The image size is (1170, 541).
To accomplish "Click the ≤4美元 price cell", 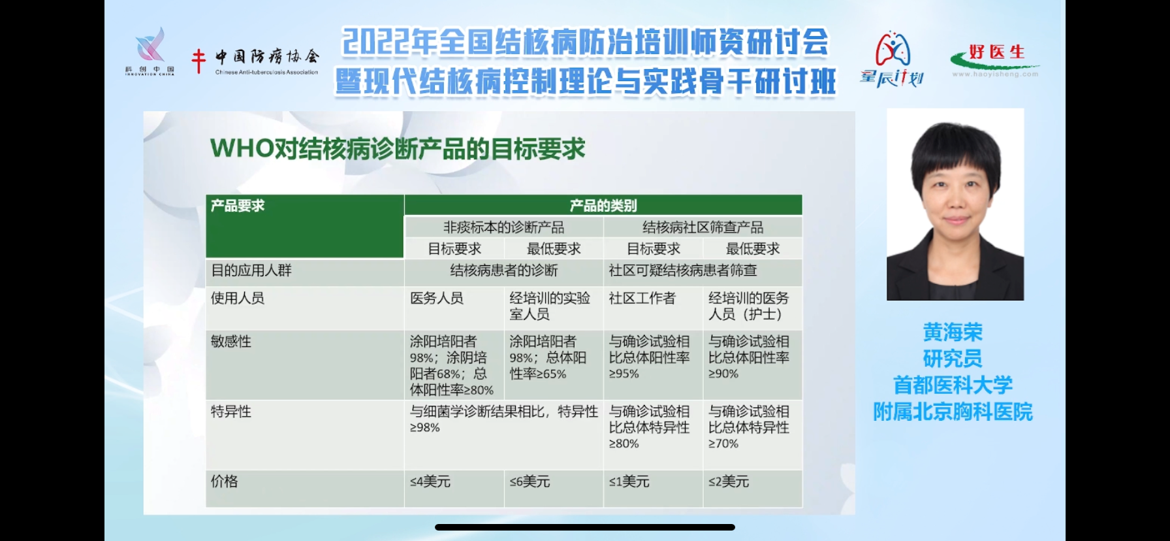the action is coord(430,482).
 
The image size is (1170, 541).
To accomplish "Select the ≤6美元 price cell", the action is coord(530,482).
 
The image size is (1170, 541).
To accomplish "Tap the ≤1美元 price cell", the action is coord(629,482).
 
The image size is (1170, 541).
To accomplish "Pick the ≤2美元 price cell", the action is coord(729,482).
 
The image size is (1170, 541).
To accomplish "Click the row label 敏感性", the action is coord(231,341).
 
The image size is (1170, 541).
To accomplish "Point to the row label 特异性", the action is coord(231,411).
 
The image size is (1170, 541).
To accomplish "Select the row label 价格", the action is coord(224,481).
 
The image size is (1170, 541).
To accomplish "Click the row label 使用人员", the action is coord(238,298).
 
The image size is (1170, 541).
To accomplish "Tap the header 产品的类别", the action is coord(603,206).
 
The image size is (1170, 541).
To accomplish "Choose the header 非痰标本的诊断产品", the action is coord(504,227).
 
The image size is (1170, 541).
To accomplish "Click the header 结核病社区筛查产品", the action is coord(703,227).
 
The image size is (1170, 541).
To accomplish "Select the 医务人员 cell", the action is coord(437,298).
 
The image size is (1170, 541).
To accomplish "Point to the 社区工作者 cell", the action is coord(642,298).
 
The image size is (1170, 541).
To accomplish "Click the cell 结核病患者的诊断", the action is coord(504,270).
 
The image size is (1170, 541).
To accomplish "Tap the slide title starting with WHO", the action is coord(398,149).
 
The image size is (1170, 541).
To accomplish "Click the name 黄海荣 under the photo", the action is coord(953,333).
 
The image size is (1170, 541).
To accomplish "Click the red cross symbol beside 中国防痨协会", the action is coord(198,61).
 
